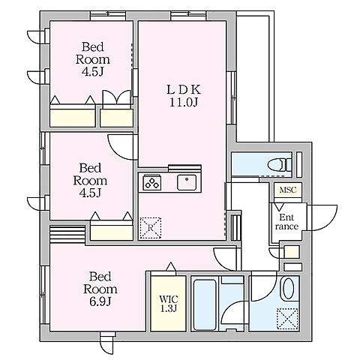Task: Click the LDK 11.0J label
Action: (x=184, y=96)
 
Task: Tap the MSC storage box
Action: (x=288, y=190)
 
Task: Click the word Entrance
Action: (x=286, y=222)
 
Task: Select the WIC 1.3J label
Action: (x=169, y=304)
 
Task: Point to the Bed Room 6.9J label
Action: (x=100, y=289)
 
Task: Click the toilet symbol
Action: (x=280, y=165)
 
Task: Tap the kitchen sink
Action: (x=187, y=182)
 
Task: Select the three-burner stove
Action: (x=152, y=182)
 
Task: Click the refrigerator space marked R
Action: (x=150, y=228)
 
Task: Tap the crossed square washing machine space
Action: (x=287, y=319)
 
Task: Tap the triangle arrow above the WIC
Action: (x=171, y=266)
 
